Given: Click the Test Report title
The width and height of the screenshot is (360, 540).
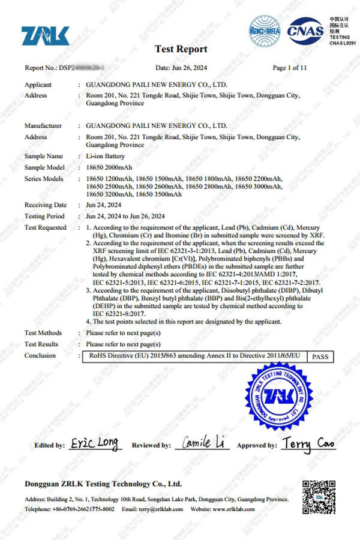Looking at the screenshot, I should click(x=181, y=49).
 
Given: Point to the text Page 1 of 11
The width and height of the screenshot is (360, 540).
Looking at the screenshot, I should click(x=289, y=68).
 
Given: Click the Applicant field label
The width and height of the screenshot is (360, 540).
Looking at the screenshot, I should click(x=38, y=85).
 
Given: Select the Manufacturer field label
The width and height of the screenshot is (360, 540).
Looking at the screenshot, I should click(x=43, y=126).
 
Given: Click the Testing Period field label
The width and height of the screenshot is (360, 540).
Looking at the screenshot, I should click(x=44, y=216).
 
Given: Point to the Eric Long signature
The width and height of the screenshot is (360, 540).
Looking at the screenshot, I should click(x=94, y=444).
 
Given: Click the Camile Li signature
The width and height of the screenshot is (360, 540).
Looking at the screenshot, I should click(x=204, y=443).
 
